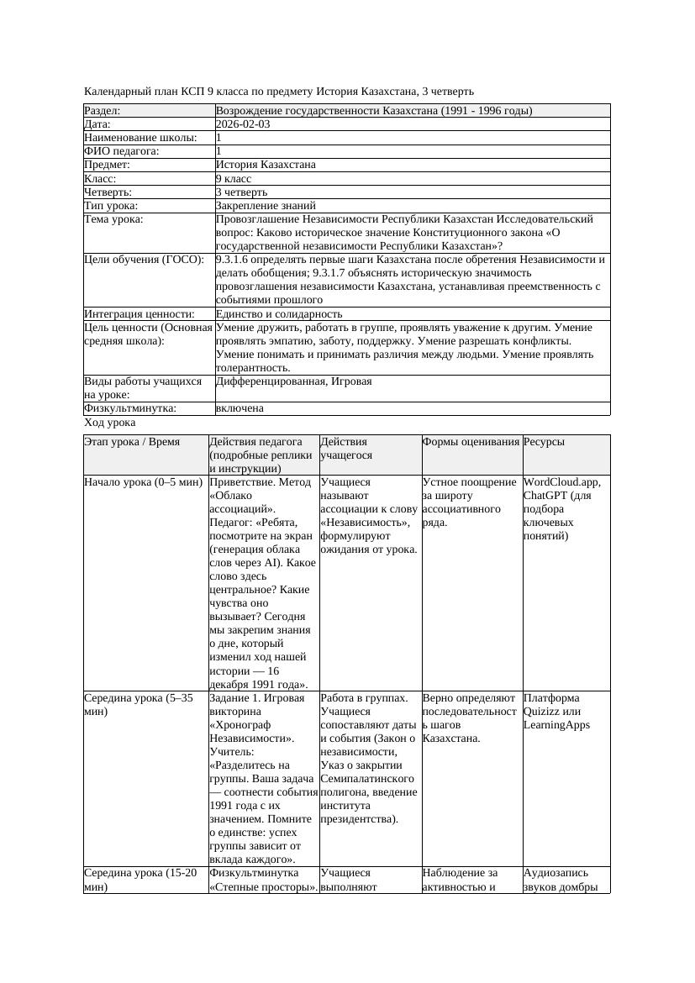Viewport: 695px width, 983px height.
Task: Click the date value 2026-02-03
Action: pyautogui.click(x=243, y=124)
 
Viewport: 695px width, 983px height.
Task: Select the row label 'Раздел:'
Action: pyautogui.click(x=103, y=111)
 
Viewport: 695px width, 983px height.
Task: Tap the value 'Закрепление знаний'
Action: pyautogui.click(x=266, y=206)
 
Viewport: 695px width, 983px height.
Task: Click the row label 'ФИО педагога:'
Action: pyautogui.click(x=122, y=151)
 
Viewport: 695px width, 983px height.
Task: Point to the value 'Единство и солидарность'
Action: pyautogui.click(x=279, y=314)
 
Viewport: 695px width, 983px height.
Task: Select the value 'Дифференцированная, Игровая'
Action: pyautogui.click(x=293, y=381)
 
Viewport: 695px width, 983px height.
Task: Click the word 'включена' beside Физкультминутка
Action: pyautogui.click(x=240, y=408)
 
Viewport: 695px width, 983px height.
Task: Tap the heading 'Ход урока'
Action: pyautogui.click(x=110, y=423)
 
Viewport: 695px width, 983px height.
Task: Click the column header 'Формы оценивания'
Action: pyautogui.click(x=471, y=442)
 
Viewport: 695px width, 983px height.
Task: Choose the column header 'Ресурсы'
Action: pyautogui.click(x=544, y=442)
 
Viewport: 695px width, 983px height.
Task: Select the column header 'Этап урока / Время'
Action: pyautogui.click(x=132, y=442)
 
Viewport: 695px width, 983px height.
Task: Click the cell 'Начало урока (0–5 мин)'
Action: pyautogui.click(x=144, y=483)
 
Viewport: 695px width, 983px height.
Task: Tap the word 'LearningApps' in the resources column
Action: pyautogui.click(x=556, y=725)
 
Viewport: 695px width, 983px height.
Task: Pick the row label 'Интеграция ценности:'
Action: pyautogui.click(x=139, y=314)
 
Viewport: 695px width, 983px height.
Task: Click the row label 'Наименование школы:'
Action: pyautogui.click(x=140, y=138)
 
